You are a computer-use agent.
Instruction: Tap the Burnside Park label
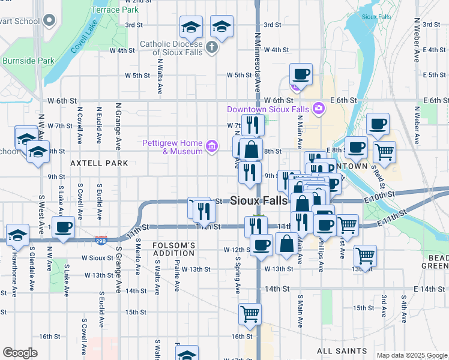(x=28, y=61)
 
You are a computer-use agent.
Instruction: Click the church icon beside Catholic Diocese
(x=211, y=47)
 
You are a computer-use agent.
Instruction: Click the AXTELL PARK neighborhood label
(x=98, y=163)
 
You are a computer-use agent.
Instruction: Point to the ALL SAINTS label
(x=342, y=351)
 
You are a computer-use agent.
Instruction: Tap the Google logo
(x=20, y=353)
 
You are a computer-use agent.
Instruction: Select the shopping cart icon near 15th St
(x=250, y=313)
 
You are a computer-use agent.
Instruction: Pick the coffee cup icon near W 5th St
(x=301, y=74)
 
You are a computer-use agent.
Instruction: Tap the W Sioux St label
(x=97, y=258)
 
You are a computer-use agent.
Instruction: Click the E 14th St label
(x=428, y=289)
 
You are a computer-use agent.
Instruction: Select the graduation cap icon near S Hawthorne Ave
(x=17, y=235)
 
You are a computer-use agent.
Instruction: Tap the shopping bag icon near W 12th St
(x=286, y=244)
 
